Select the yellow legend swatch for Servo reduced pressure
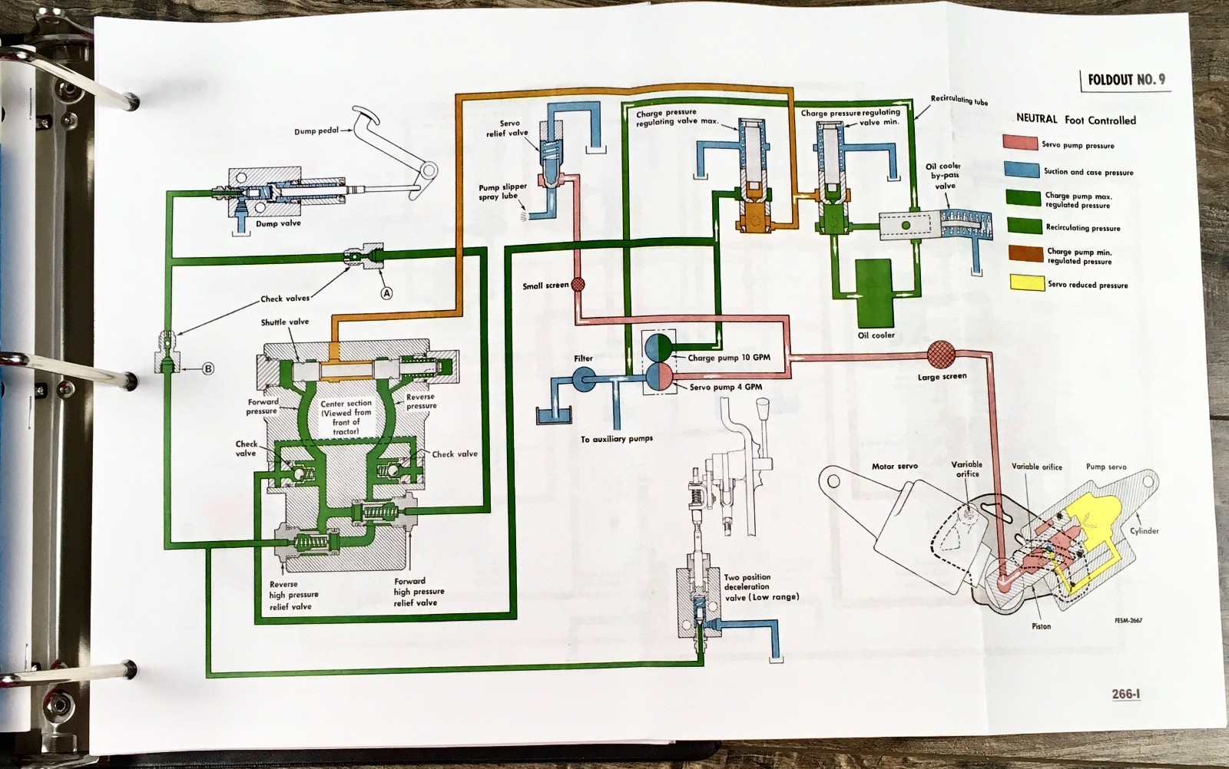tap(1022, 283)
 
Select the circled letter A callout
tap(386, 292)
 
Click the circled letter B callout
tap(207, 369)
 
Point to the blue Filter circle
tap(582, 377)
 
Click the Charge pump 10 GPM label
tap(728, 358)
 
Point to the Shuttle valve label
tap(284, 322)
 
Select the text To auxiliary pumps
tap(617, 439)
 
